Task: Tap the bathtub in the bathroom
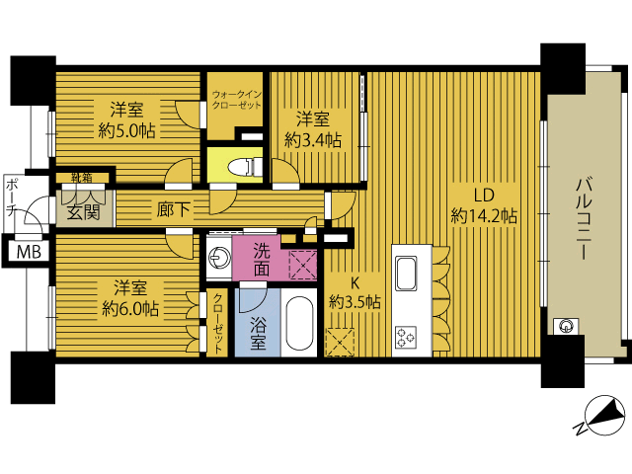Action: click(x=299, y=324)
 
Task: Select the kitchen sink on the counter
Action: click(x=406, y=274)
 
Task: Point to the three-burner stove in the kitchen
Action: click(x=406, y=337)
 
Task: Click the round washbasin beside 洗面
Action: click(x=218, y=258)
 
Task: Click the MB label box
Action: click(x=29, y=252)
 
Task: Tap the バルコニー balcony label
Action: click(x=584, y=218)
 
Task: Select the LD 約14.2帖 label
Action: click(x=484, y=206)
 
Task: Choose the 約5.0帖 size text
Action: click(x=126, y=131)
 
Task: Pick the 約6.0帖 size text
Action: click(x=130, y=309)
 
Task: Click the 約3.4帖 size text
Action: click(x=313, y=140)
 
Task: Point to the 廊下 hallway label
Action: click(x=174, y=209)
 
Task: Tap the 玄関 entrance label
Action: click(x=83, y=211)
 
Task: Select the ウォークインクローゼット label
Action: click(x=237, y=100)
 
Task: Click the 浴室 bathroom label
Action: click(x=258, y=333)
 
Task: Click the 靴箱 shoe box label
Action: click(x=81, y=178)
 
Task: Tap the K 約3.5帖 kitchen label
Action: click(x=355, y=292)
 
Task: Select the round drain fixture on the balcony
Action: click(x=566, y=326)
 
